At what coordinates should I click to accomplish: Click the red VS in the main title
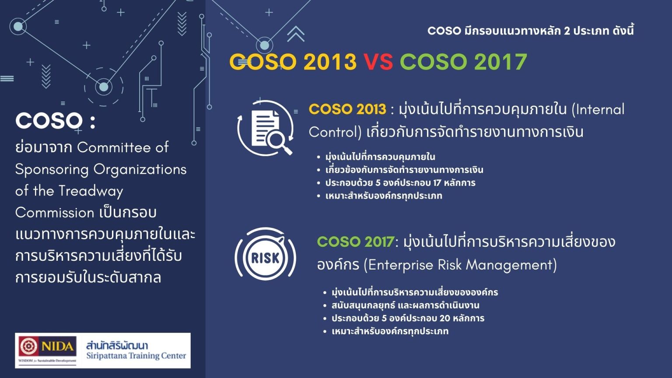click(x=378, y=62)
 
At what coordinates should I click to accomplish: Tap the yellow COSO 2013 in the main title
click(x=293, y=62)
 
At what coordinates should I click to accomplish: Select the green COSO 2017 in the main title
click(x=463, y=62)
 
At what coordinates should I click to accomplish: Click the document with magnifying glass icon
click(x=266, y=128)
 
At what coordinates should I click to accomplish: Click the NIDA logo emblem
click(x=28, y=346)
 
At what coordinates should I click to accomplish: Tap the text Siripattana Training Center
click(x=136, y=356)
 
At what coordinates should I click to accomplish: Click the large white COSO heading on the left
click(x=49, y=121)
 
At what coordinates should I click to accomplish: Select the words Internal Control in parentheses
click(x=466, y=120)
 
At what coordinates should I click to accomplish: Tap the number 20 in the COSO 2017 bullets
click(x=444, y=318)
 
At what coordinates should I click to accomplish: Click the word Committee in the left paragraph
click(x=115, y=147)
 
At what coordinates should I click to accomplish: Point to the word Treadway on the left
click(x=91, y=191)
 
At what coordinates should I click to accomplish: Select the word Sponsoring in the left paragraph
click(x=52, y=169)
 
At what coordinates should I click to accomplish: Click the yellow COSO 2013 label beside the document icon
click(x=347, y=109)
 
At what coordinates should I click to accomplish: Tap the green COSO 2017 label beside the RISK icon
click(x=355, y=241)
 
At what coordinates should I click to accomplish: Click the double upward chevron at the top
click(x=296, y=34)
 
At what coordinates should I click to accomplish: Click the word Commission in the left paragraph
click(x=55, y=213)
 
